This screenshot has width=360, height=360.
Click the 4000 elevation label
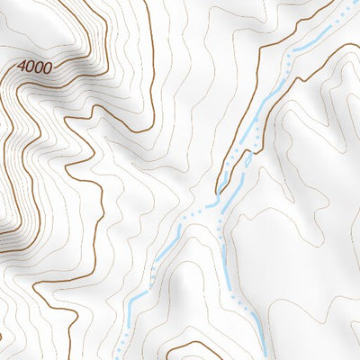tap(34, 67)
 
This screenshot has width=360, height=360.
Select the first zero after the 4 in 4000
tap(30, 67)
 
